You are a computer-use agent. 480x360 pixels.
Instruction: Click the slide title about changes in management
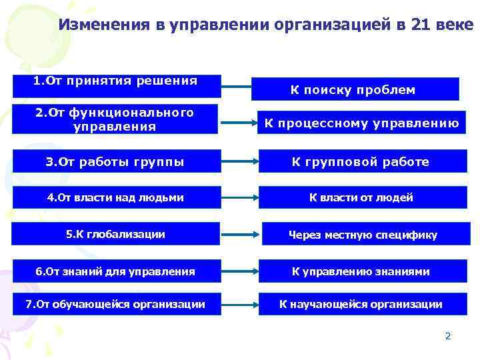(265, 25)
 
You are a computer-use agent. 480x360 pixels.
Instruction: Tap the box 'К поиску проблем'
(355, 89)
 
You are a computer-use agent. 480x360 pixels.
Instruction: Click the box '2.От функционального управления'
(117, 119)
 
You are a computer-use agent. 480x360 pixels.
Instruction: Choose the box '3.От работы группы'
(117, 161)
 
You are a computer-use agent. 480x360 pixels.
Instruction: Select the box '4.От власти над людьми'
(117, 197)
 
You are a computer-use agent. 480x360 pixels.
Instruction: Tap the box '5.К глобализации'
(117, 234)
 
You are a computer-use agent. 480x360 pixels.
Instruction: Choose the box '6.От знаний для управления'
(117, 271)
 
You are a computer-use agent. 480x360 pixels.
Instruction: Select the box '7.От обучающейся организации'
(117, 305)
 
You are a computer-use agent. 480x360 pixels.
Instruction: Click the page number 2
(448, 336)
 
